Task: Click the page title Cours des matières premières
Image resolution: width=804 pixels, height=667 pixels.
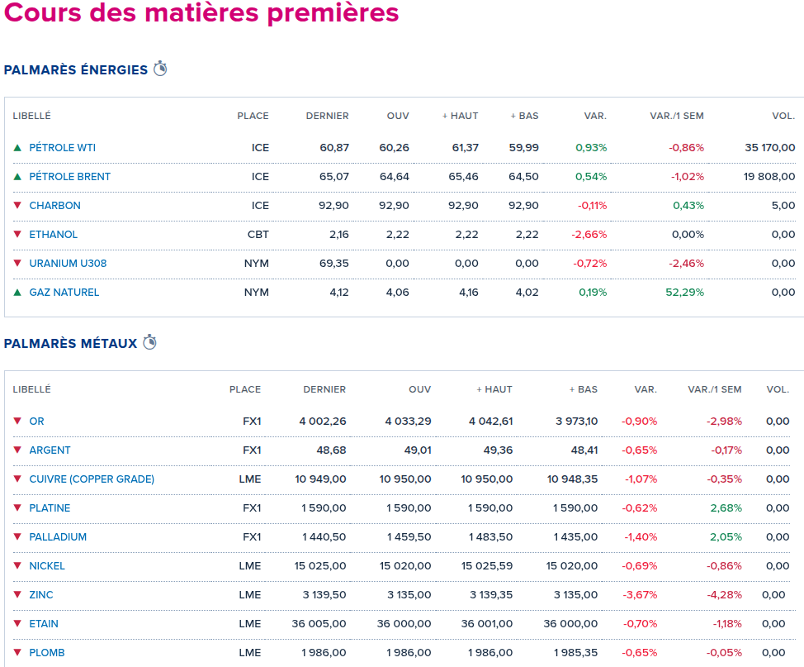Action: point(201,14)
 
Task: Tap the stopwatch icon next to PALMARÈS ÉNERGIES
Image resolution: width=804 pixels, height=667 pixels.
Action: point(160,69)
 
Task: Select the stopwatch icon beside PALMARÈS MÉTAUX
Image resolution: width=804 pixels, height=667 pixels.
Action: point(149,342)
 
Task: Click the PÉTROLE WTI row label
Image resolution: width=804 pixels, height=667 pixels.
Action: point(62,148)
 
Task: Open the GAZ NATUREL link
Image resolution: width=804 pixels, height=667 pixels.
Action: point(64,293)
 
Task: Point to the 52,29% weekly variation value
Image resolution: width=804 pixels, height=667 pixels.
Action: point(686,293)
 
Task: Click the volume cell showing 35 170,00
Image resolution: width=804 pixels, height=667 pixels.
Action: point(769,148)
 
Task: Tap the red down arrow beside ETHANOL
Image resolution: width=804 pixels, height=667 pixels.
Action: point(17,234)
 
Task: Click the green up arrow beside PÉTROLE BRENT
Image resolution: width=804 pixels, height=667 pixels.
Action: point(17,177)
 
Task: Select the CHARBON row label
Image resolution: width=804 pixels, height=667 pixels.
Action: point(54,206)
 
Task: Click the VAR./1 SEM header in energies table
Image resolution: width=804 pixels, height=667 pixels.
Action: point(677,116)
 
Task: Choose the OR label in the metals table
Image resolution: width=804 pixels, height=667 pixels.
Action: point(36,422)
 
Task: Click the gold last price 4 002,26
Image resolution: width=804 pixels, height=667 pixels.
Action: point(322,422)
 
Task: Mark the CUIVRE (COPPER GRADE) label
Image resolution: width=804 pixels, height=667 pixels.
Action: point(92,479)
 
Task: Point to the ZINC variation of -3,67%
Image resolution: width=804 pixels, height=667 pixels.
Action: point(641,595)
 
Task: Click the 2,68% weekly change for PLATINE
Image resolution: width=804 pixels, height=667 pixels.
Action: point(726,508)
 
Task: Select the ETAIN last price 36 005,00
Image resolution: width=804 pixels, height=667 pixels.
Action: point(319,624)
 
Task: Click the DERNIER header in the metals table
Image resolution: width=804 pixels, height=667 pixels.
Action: point(324,389)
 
